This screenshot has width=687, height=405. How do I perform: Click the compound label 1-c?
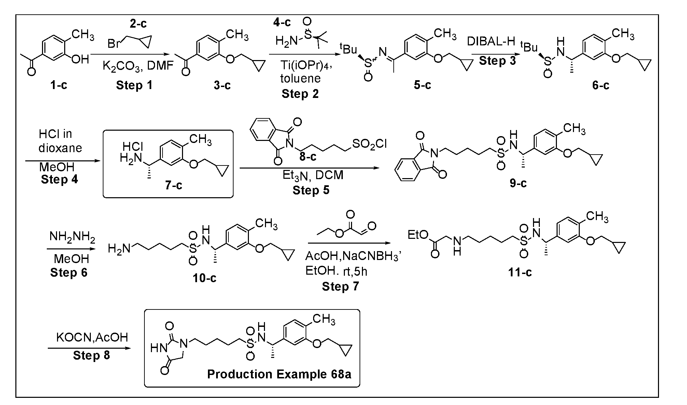tap(59, 85)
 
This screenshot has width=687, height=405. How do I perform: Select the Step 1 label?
tap(134, 85)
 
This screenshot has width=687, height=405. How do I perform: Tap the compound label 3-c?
tap(222, 85)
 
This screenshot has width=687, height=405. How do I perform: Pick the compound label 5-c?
tap(422, 85)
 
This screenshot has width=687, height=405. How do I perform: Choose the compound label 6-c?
tap(601, 85)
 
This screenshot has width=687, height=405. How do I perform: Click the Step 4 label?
tap(59, 179)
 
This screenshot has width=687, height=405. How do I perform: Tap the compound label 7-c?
tap(174, 185)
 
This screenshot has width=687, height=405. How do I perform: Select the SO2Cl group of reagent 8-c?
tap(369, 144)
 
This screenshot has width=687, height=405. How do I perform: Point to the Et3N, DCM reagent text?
tap(313, 175)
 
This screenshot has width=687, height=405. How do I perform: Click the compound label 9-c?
tap(518, 183)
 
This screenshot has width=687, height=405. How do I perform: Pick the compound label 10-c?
tap(205, 278)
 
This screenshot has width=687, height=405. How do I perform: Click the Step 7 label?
tap(340, 286)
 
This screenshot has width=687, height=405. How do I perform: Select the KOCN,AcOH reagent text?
tap(92, 337)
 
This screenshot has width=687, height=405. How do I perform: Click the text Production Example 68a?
tap(279, 374)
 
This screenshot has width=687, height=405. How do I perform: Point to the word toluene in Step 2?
tap(300, 79)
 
